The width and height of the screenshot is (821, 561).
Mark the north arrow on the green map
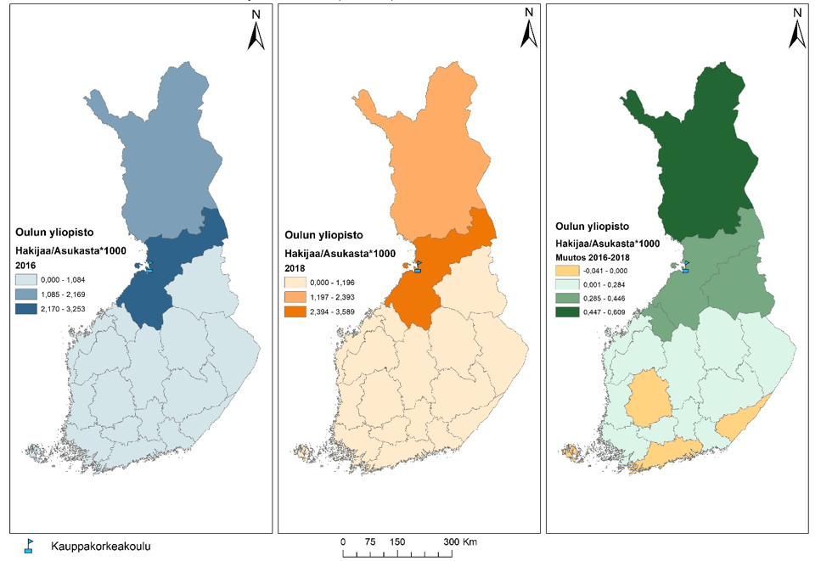[797, 29]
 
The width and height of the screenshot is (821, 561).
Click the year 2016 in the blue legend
[25, 265]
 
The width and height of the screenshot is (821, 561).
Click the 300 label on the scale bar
[451, 541]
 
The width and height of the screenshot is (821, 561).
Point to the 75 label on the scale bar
[370, 541]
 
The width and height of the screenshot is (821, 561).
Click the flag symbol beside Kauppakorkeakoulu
[28, 546]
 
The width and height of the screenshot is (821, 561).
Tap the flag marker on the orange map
[417, 266]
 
